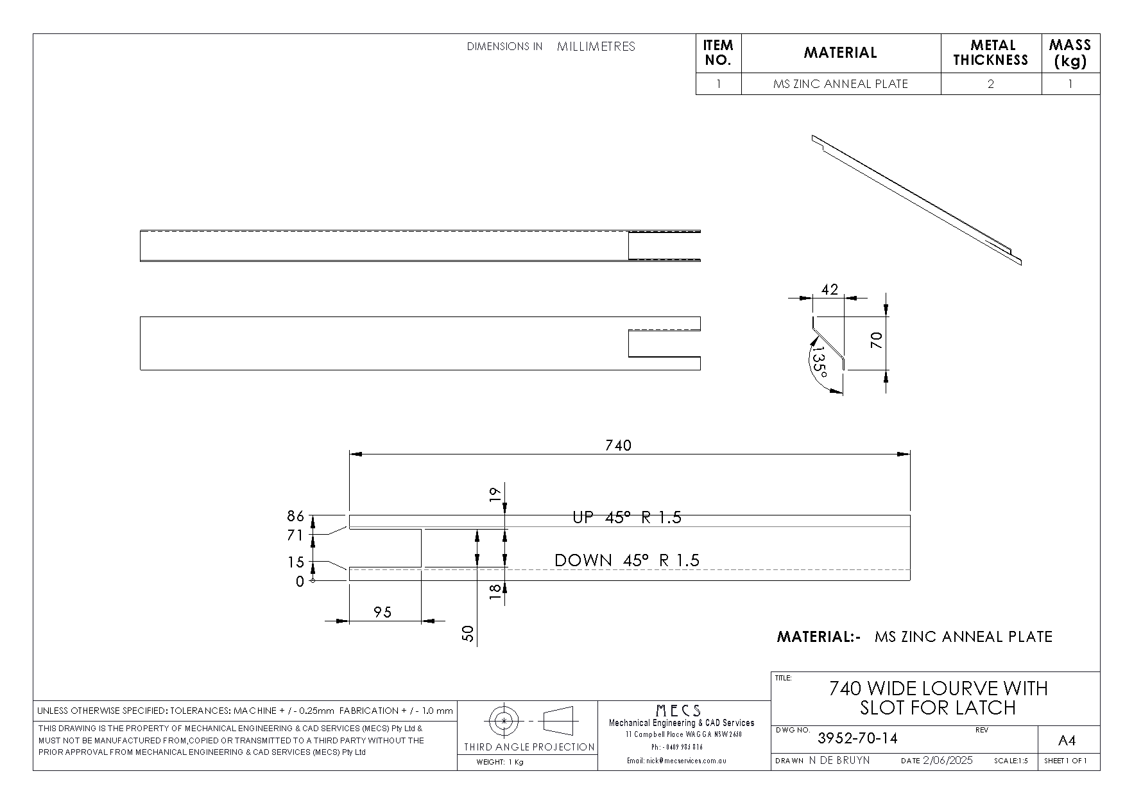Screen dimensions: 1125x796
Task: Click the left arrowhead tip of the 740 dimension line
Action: pyautogui.click(x=350, y=454)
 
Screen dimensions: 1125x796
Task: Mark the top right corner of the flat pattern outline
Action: pyautogui.click(x=910, y=515)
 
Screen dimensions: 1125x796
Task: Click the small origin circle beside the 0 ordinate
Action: pyautogui.click(x=313, y=581)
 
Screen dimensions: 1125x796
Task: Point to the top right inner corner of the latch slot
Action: pyautogui.click(x=422, y=529)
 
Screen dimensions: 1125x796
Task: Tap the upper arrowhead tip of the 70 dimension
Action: pyautogui.click(x=886, y=316)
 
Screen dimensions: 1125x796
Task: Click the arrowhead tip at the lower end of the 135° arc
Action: pyautogui.click(x=842, y=393)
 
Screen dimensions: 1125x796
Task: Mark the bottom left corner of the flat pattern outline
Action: pyautogui.click(x=350, y=581)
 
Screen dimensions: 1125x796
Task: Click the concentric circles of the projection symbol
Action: pyautogui.click(x=504, y=721)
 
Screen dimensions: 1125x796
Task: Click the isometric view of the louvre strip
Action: pyautogui.click(x=916, y=200)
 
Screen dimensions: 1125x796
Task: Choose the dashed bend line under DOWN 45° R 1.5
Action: pyautogui.click(x=630, y=569)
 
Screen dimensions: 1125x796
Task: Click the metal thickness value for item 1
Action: pyautogui.click(x=991, y=84)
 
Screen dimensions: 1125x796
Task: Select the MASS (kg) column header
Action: pyautogui.click(x=1070, y=53)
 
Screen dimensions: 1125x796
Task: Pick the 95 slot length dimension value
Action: pyautogui.click(x=382, y=612)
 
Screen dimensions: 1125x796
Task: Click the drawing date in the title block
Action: pyautogui.click(x=948, y=761)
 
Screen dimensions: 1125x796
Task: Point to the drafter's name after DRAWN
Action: pyautogui.click(x=839, y=761)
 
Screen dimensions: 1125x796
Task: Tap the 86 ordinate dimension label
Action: pyautogui.click(x=295, y=517)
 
